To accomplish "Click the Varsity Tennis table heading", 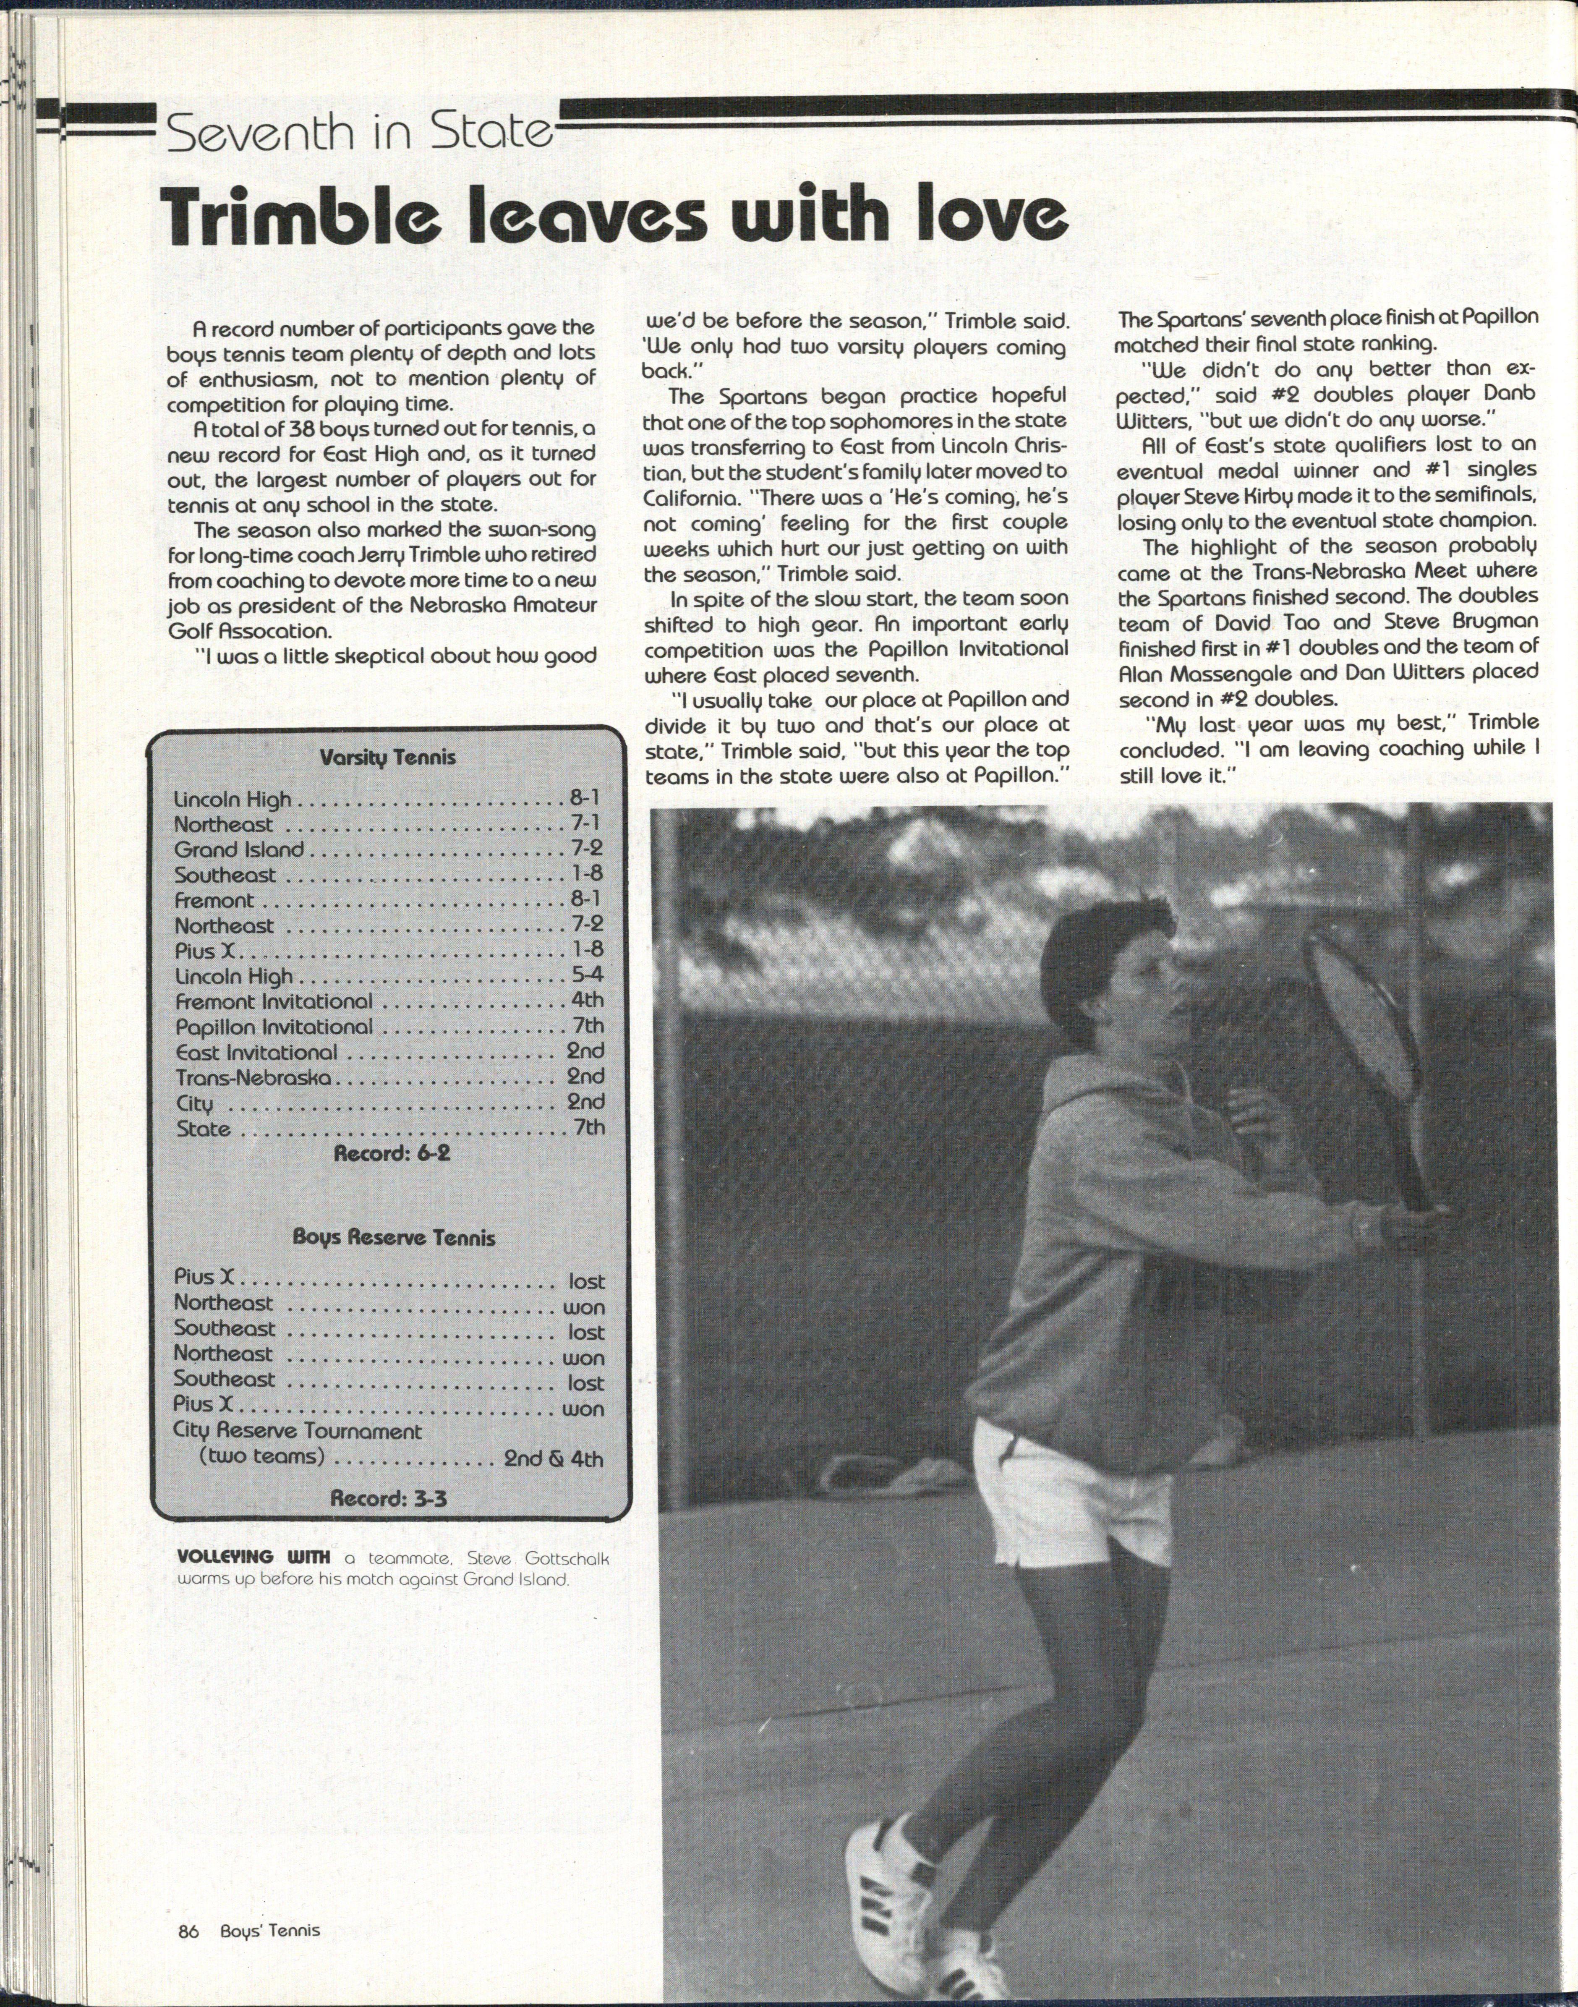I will [x=387, y=758].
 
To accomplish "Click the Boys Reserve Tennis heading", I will [x=394, y=1238].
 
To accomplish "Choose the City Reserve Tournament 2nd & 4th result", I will [x=552, y=1459].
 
